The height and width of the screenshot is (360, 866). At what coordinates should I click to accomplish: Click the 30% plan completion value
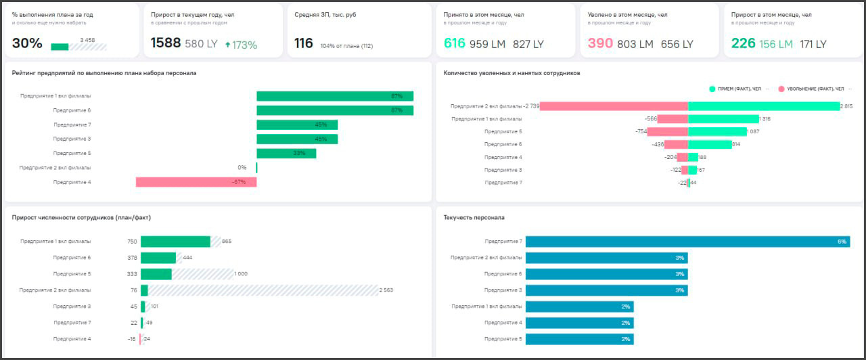pos(27,43)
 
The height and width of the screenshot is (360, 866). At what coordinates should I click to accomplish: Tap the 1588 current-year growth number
pos(165,43)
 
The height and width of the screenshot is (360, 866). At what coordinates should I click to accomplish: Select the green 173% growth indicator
pos(241,45)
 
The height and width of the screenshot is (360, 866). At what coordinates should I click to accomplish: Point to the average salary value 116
pos(304,43)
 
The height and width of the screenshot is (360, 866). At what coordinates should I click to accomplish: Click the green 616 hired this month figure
pos(455,43)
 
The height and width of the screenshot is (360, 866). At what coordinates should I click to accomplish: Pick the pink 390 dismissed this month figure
pos(600,43)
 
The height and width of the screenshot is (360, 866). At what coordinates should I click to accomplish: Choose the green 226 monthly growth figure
pos(743,43)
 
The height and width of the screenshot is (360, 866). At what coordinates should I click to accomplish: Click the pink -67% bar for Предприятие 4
pos(196,182)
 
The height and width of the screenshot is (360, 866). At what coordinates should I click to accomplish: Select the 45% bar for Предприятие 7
pos(297,125)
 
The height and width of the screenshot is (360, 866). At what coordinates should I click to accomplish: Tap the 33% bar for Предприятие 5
pos(286,153)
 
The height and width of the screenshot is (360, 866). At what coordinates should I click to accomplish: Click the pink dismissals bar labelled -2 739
pos(614,106)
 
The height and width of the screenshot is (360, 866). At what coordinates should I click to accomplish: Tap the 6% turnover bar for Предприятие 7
pos(687,242)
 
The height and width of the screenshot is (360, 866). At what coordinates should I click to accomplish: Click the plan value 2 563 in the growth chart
pos(386,290)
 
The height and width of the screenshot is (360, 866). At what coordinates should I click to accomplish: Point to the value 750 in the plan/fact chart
pos(132,242)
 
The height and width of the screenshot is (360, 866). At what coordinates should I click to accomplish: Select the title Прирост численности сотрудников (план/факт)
pos(81,217)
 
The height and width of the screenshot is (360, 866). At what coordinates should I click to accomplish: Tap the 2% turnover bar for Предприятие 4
pos(579,323)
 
